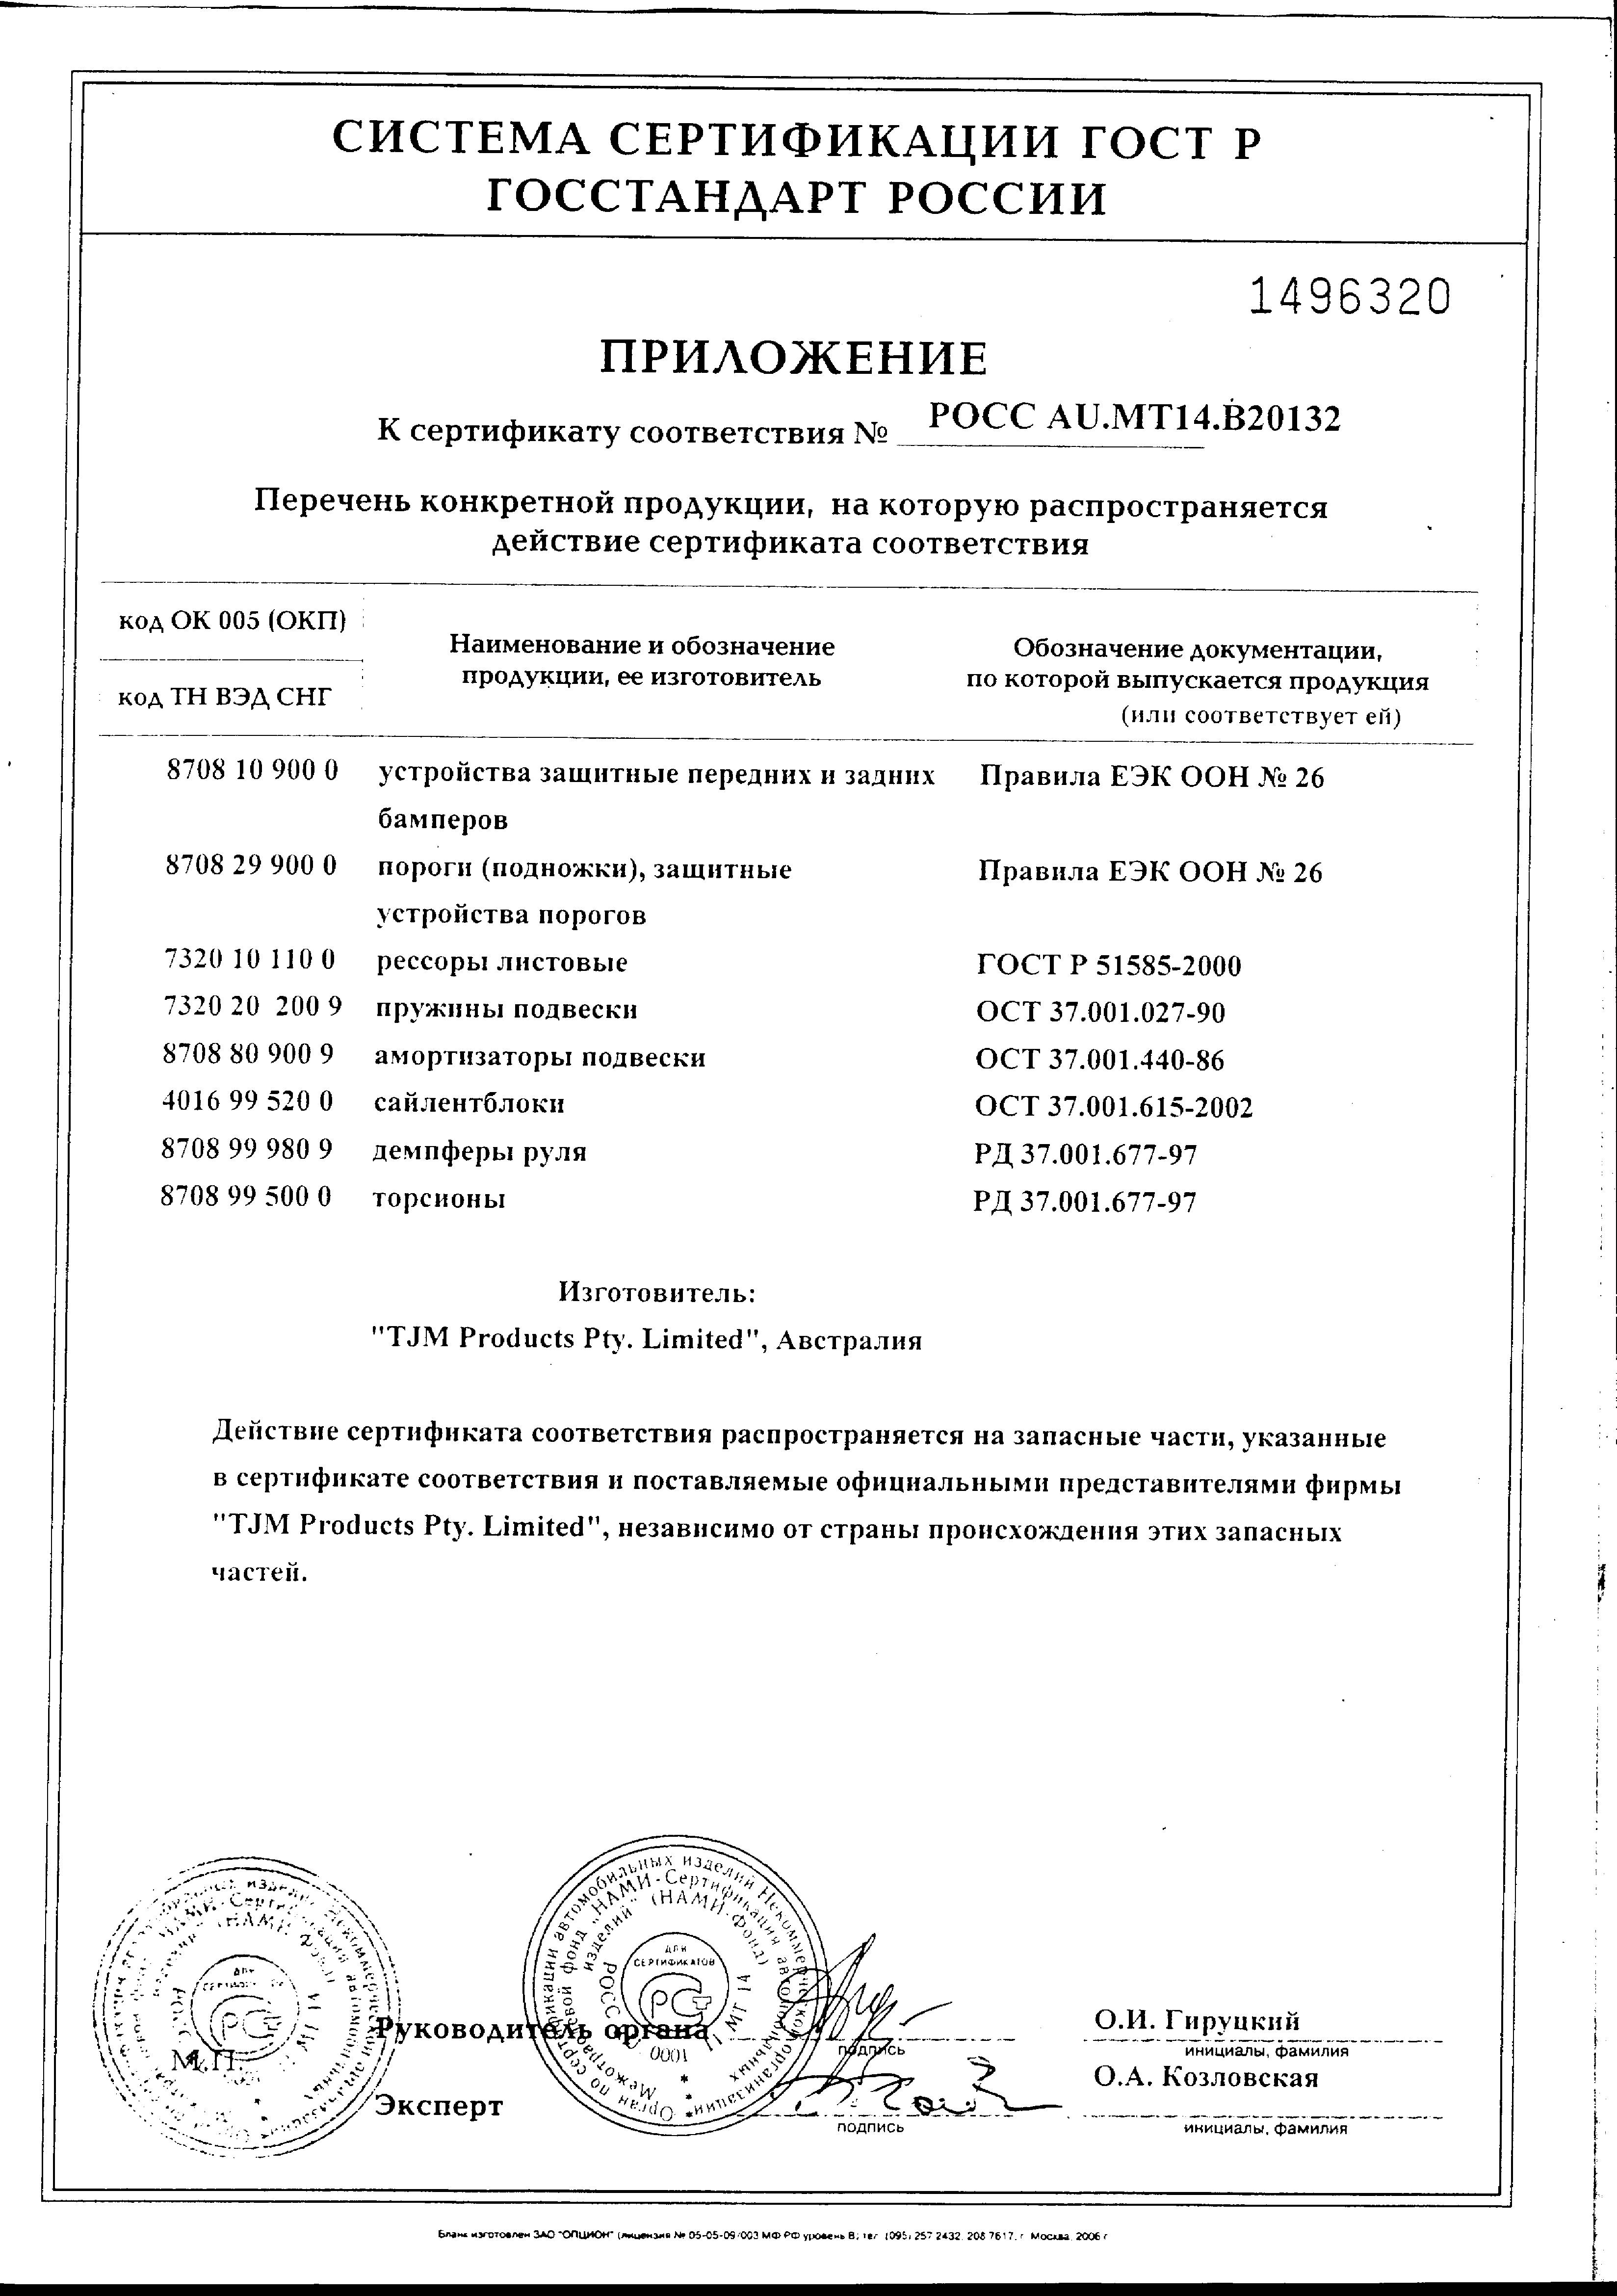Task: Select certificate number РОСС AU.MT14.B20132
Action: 1134,418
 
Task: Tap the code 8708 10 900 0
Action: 252,771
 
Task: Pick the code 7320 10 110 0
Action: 249,961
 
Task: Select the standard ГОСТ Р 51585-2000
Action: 1109,966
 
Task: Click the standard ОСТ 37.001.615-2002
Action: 1114,1107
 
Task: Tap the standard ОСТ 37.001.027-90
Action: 1101,1013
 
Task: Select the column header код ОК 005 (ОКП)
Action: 232,622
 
